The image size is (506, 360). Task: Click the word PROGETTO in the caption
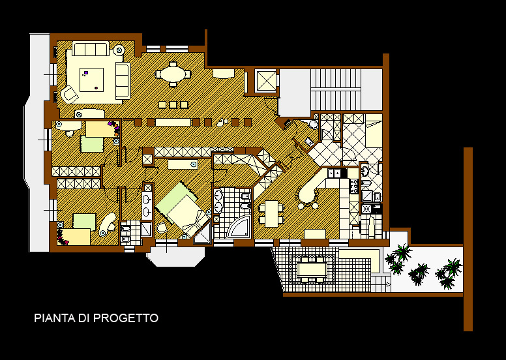click(126, 318)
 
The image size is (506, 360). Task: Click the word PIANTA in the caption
click(55, 318)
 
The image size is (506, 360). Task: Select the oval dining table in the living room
click(173, 74)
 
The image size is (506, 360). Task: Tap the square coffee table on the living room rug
click(92, 80)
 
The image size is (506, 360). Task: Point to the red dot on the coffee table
click(96, 88)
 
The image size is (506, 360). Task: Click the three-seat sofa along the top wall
click(91, 49)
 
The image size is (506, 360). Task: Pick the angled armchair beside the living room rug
click(70, 94)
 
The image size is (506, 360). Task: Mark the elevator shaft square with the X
click(265, 80)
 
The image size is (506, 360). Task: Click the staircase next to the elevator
click(336, 89)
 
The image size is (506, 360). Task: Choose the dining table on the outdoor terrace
click(312, 269)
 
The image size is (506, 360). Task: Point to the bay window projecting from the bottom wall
click(175, 256)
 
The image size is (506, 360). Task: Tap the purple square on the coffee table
click(86, 72)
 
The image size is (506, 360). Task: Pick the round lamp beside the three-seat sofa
click(119, 50)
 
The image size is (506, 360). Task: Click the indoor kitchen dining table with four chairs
click(271, 213)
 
